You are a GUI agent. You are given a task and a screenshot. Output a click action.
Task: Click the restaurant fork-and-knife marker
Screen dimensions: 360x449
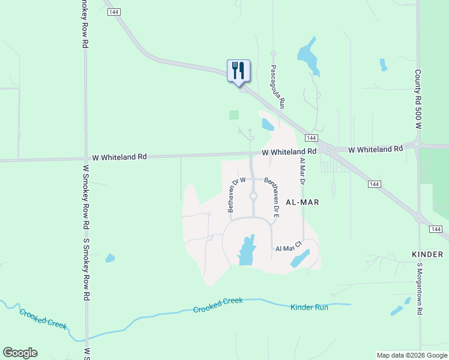[x=238, y=71]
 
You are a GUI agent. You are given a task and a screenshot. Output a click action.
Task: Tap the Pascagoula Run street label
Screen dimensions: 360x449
[x=277, y=86]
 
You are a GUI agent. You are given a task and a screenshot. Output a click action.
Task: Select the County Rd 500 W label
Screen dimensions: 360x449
[x=418, y=100]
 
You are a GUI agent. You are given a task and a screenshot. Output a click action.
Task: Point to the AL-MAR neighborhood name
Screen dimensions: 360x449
[x=302, y=202]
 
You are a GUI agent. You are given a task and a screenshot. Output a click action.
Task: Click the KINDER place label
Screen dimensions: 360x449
[x=427, y=254]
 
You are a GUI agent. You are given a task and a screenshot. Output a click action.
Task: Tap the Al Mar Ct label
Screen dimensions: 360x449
[x=288, y=248]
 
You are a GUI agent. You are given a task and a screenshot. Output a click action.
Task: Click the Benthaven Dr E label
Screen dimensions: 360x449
[x=272, y=196]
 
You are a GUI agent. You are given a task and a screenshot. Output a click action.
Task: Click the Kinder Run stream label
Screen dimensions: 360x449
[x=309, y=307]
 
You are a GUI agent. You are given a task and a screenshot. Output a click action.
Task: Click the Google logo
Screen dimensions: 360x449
[x=20, y=353]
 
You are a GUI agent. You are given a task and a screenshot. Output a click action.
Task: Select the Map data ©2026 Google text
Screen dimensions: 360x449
[x=411, y=355]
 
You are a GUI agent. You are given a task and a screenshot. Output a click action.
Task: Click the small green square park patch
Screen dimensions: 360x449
[x=234, y=115]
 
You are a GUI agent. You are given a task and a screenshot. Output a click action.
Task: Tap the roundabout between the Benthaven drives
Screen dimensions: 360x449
[x=253, y=196]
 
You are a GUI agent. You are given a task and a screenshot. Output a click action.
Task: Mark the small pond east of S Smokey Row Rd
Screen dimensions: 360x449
[x=110, y=258]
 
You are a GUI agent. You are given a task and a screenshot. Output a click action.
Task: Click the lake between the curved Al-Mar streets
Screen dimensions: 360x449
[x=246, y=250]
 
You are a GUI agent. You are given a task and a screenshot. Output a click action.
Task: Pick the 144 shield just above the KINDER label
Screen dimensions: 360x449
[x=435, y=229]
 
